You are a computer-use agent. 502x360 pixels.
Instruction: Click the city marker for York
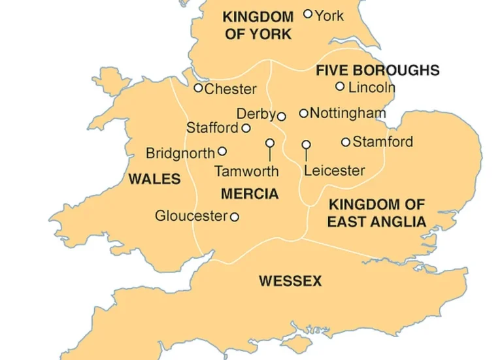pyautogui.click(x=308, y=14)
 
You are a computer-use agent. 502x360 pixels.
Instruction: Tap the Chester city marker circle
pyautogui.click(x=199, y=88)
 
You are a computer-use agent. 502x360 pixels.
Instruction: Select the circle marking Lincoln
pyautogui.click(x=340, y=86)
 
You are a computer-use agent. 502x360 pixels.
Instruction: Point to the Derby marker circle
pyautogui.click(x=282, y=116)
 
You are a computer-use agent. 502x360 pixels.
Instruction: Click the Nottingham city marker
pyautogui.click(x=304, y=113)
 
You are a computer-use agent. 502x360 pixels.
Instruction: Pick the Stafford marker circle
pyautogui.click(x=246, y=128)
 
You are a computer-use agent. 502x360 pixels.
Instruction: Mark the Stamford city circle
pyautogui.click(x=346, y=142)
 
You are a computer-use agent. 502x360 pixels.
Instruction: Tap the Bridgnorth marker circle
pyautogui.click(x=222, y=152)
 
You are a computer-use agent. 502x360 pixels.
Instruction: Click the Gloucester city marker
pyautogui.click(x=235, y=217)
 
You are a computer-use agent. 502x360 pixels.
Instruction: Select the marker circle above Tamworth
pyautogui.click(x=270, y=143)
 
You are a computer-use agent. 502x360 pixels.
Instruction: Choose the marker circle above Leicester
pyautogui.click(x=306, y=144)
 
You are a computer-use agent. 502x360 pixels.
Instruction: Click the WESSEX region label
pyautogui.click(x=290, y=282)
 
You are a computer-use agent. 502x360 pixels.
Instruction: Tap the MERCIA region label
pyautogui.click(x=250, y=194)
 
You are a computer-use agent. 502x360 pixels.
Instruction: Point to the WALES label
pyautogui.click(x=155, y=179)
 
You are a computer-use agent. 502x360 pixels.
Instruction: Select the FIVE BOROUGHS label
pyautogui.click(x=378, y=71)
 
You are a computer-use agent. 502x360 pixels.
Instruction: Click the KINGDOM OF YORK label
pyautogui.click(x=258, y=25)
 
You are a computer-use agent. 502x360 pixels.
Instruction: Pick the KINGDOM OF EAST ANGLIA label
pyautogui.click(x=376, y=214)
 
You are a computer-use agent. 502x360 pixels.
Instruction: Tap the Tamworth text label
pyautogui.click(x=246, y=172)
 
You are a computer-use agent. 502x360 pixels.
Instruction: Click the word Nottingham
pyautogui.click(x=348, y=113)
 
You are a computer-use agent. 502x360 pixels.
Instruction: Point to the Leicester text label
pyautogui.click(x=335, y=171)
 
